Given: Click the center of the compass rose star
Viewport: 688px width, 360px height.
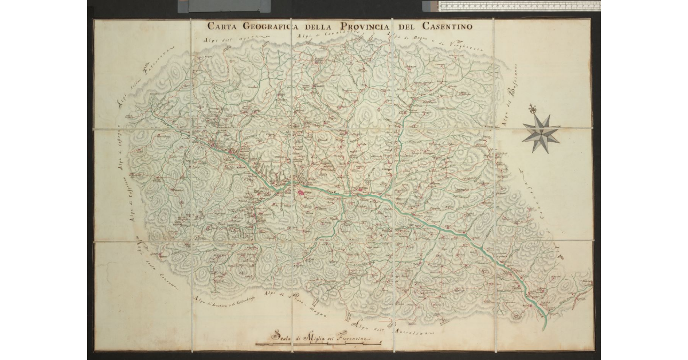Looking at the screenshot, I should tap(541, 133).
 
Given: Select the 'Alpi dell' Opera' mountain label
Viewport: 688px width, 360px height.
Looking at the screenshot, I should tap(229, 40).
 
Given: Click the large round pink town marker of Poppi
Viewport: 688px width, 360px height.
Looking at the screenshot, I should tap(300, 193).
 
